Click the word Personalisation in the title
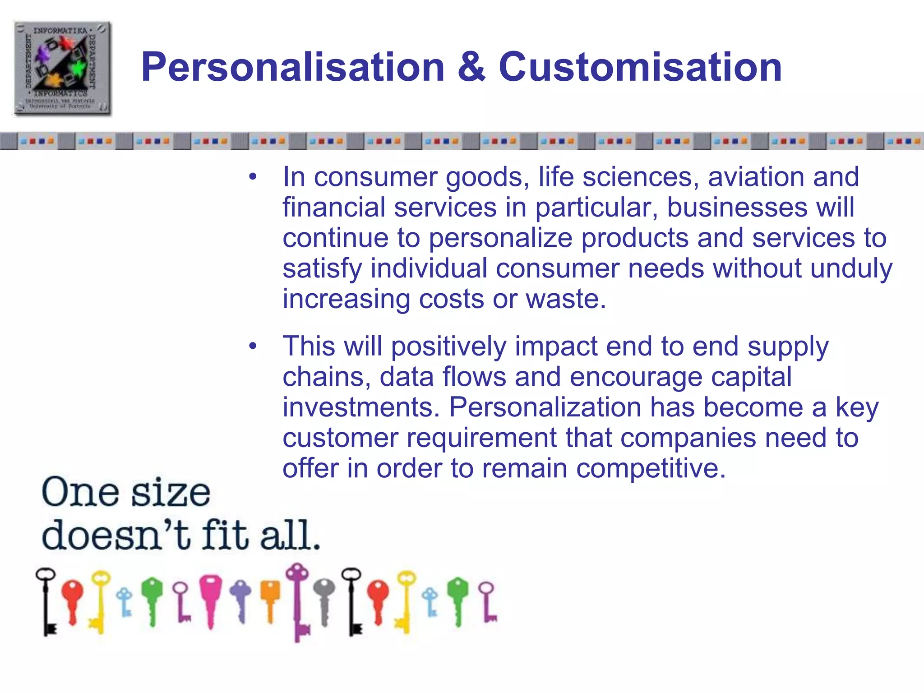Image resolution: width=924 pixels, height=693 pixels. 293,67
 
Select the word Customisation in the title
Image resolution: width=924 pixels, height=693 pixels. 640,67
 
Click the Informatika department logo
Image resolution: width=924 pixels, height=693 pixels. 62,68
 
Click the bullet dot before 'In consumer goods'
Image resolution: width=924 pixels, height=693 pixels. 253,177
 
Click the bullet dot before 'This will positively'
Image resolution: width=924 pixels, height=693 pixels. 253,346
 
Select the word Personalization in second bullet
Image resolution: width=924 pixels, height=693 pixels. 545,407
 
